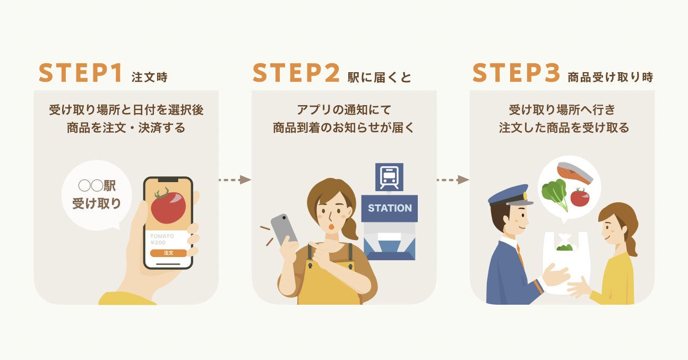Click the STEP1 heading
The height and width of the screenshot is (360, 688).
coord(81,73)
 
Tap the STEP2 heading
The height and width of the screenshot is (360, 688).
coord(296,73)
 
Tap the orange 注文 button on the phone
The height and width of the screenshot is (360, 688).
coord(168,253)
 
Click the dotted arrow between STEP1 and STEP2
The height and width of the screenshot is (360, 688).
coord(234,179)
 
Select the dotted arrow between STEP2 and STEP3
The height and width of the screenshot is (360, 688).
coord(453,179)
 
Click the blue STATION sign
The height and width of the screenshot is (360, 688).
coord(390,208)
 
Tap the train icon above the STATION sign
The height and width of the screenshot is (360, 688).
coord(389,176)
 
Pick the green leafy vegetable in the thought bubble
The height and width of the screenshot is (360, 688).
coord(554,194)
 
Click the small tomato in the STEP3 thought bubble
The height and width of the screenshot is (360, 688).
coord(580,198)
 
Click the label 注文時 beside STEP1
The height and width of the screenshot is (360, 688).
coord(149,77)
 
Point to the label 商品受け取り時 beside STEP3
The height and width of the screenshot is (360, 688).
coord(610,77)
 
